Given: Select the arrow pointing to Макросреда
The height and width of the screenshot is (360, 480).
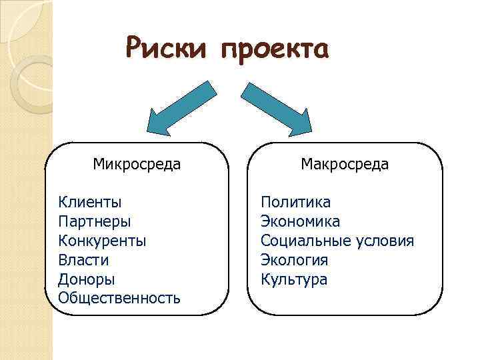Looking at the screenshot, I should click(277, 107).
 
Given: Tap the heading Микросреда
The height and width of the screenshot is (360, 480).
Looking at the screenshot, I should click(137, 164).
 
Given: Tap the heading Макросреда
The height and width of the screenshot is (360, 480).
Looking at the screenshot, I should click(345, 164).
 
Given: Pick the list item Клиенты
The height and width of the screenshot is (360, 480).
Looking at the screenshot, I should click(90, 201).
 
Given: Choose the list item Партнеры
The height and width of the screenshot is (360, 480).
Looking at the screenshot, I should click(95, 221).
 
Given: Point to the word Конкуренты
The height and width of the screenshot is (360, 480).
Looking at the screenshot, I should click(102, 240).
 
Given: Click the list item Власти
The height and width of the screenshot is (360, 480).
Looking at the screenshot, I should click(83, 259).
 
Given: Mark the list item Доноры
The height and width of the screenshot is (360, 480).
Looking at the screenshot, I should click(87, 279).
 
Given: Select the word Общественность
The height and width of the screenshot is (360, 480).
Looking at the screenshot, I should click(119, 298).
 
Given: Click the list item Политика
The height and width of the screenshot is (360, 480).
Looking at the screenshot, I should click(295, 201).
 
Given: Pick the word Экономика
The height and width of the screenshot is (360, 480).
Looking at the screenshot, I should click(300, 221).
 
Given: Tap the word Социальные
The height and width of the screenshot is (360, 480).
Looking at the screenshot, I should click(304, 240).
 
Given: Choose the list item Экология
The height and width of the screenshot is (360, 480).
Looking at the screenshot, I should click(295, 259).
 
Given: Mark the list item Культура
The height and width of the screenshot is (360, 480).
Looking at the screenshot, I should click(294, 279).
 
